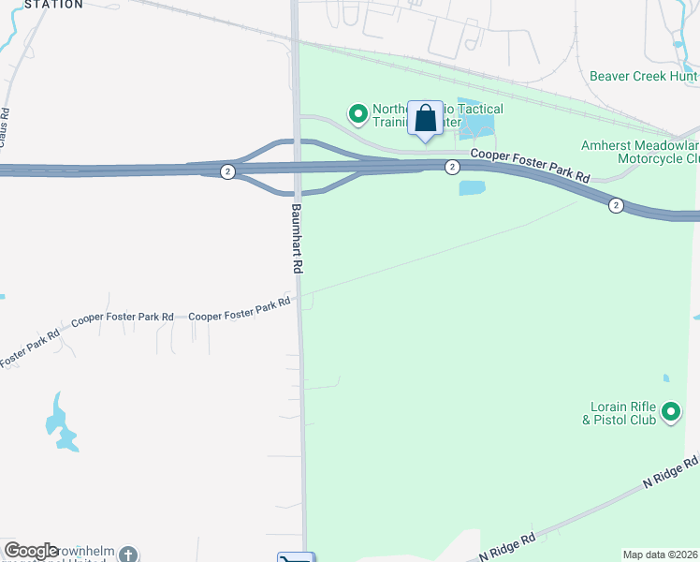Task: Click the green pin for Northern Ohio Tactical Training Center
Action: (x=357, y=114)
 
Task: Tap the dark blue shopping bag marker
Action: (x=425, y=120)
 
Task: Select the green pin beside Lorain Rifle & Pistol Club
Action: (x=670, y=411)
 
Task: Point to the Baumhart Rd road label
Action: (x=297, y=239)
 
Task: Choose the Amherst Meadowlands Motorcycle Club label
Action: (x=640, y=152)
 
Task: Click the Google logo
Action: (x=32, y=551)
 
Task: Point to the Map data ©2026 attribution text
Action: (x=661, y=555)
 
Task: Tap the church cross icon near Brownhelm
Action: (x=128, y=554)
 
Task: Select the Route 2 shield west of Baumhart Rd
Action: (x=227, y=171)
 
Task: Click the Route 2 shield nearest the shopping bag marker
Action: (x=452, y=167)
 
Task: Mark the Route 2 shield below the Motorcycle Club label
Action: (x=615, y=205)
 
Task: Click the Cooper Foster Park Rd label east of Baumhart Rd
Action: (x=530, y=166)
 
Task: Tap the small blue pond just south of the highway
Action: (x=473, y=187)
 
